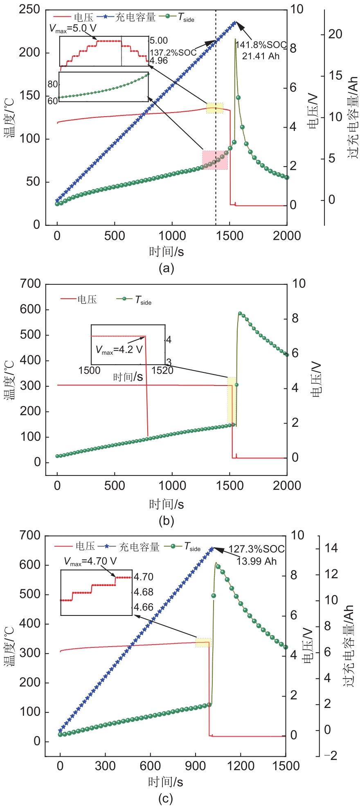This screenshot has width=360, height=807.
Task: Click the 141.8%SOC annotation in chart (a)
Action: [261, 45]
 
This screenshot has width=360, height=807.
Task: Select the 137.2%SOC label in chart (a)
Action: [173, 53]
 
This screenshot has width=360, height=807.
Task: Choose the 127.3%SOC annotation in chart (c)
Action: [256, 549]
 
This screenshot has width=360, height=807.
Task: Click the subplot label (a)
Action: [166, 268]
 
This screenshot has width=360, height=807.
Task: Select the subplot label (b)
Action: [166, 521]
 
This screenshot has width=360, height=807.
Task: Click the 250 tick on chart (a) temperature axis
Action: [29, 9]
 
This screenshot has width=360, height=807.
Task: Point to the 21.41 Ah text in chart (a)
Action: [261, 56]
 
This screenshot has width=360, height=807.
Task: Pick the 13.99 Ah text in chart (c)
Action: [256, 561]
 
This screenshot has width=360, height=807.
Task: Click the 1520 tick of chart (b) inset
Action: [162, 370]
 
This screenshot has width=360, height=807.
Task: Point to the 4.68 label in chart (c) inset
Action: [144, 592]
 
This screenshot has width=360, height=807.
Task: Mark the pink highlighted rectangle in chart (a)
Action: [215, 160]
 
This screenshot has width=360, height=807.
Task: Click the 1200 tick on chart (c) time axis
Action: [240, 766]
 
